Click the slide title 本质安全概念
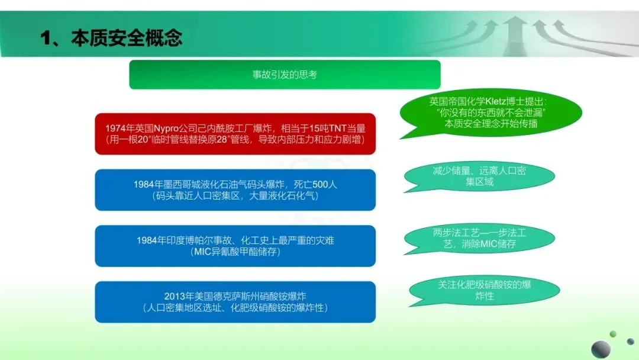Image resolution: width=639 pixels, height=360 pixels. point(127,38)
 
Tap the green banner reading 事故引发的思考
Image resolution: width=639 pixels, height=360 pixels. point(285,75)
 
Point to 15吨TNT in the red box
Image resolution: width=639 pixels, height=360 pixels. point(327,128)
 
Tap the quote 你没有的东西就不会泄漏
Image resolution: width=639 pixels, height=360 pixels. point(491,112)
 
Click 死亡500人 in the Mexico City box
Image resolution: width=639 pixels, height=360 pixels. point(315,184)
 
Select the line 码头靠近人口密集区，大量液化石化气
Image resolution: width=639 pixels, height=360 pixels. point(235,196)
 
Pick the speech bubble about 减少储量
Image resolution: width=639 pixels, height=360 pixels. point(479,176)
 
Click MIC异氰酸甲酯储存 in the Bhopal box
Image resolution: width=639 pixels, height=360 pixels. point(235,252)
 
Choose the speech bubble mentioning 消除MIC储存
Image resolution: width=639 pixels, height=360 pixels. point(479,239)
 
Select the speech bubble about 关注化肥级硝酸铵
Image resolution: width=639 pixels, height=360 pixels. point(484,290)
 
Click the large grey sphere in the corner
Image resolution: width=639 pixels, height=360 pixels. point(601,349)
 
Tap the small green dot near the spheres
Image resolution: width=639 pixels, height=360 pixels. point(612,334)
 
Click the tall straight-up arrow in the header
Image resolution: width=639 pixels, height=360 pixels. point(515,36)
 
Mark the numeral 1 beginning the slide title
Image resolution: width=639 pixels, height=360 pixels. point(46,38)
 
